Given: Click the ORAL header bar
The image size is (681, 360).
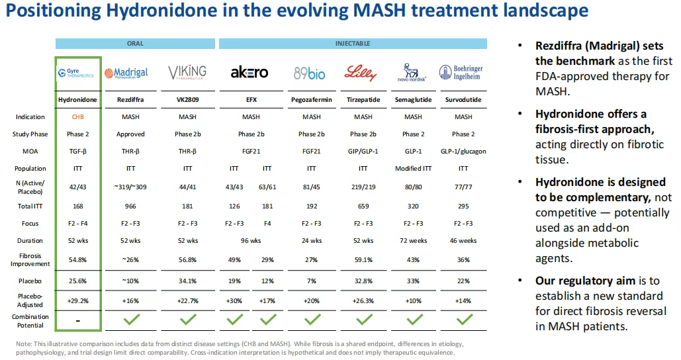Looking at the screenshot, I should coord(134,44).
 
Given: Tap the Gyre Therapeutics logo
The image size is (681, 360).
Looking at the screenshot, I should coord(77,73).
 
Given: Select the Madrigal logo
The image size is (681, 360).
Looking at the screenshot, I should coord(130,73).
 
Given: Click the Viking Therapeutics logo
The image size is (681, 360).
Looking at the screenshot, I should coord(187,72).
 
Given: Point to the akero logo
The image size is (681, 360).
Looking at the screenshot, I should coord(250,73).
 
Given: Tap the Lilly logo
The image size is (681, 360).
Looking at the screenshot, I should coord(361,73).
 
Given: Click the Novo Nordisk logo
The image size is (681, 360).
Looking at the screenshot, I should coord(413,73).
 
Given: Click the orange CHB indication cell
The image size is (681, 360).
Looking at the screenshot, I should coord(77,117).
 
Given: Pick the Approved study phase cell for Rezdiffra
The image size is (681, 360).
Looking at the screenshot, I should coord(130,134).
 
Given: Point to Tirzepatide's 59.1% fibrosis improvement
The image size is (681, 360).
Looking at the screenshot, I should coord(363,259).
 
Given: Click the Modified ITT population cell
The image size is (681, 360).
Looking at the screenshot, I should coord(413,169).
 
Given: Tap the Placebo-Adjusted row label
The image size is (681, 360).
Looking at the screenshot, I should coord(30,301).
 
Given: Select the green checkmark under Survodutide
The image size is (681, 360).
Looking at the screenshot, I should coord(463,320).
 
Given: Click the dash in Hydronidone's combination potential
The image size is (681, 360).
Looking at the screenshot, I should coord(77,320).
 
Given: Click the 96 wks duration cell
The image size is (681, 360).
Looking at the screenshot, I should coord(251,241).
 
